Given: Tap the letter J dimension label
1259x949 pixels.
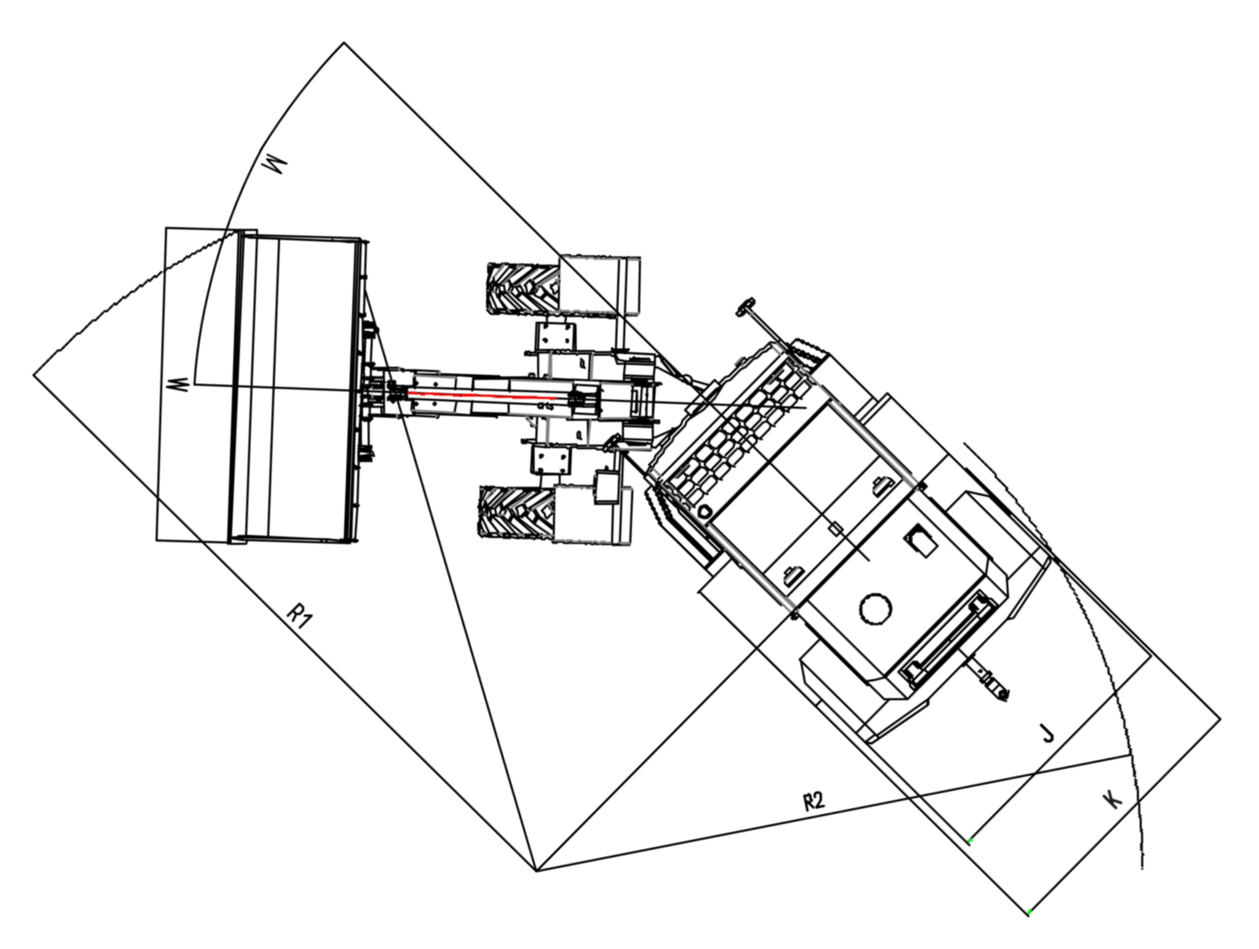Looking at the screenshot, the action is click(x=1048, y=733).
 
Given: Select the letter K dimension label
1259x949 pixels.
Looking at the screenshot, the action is click(x=1113, y=799).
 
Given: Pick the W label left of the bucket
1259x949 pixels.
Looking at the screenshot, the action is click(x=177, y=387).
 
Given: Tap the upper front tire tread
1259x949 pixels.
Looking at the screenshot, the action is click(x=524, y=288).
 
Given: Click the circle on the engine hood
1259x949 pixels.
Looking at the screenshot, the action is click(x=875, y=609).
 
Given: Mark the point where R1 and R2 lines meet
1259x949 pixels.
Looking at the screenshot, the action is click(x=537, y=871).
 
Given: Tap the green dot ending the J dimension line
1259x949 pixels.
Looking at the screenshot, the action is click(x=969, y=841).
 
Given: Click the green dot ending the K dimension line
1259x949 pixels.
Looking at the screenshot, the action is click(x=1028, y=912).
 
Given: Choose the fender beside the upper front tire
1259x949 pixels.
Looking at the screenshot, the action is click(x=599, y=284).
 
